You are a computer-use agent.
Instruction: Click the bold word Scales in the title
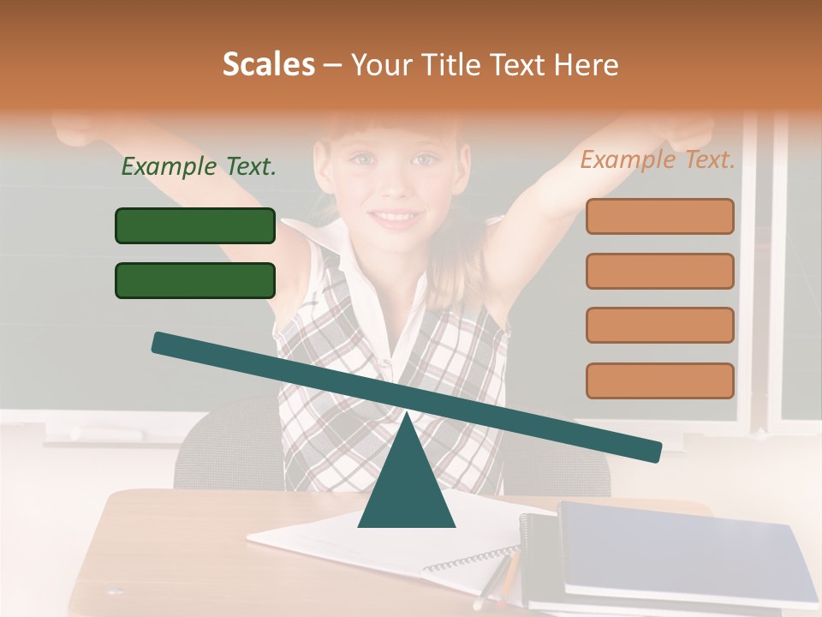(268, 65)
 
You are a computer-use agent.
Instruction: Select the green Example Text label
(199, 167)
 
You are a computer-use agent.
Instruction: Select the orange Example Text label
(658, 159)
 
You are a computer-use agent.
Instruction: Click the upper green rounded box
(195, 225)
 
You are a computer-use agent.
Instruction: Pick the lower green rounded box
(195, 280)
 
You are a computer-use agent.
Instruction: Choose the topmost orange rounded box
(659, 216)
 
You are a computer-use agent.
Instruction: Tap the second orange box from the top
(659, 271)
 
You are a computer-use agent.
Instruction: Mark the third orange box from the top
(659, 326)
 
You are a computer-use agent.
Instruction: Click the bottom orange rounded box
(659, 380)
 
